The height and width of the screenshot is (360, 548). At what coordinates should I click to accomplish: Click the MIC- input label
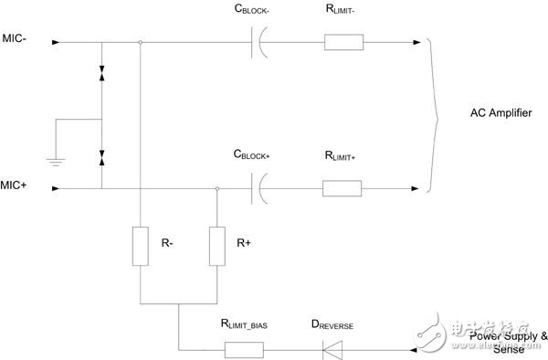(x=15, y=38)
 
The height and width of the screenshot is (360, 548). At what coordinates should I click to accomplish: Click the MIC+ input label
(x=14, y=185)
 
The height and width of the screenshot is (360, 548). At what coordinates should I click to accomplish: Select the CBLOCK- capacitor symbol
(x=259, y=42)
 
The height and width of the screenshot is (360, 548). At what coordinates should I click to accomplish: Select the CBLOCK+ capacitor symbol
(x=259, y=188)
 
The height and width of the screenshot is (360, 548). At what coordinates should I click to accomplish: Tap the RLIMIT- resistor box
(x=344, y=42)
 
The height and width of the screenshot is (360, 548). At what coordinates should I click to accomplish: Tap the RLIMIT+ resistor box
(x=342, y=188)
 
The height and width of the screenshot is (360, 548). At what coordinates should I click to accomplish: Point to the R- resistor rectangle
(x=140, y=246)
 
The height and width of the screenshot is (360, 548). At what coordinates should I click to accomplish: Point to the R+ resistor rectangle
(x=217, y=246)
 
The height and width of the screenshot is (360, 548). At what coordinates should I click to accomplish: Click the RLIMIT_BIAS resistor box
(x=244, y=350)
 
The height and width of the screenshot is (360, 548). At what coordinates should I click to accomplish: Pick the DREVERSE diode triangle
(x=332, y=350)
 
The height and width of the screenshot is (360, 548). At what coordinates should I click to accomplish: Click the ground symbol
(x=56, y=162)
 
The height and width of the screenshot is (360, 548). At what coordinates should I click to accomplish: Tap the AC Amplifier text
(x=501, y=113)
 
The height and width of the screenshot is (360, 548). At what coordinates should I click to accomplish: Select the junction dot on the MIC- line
(x=140, y=42)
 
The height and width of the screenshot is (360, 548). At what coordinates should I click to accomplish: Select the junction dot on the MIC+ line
(x=217, y=188)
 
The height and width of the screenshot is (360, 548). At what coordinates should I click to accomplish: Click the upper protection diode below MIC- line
(x=101, y=73)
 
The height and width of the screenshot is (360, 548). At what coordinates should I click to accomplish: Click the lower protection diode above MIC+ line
(x=101, y=158)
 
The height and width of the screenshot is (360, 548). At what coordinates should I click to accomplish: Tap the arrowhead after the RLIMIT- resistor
(x=416, y=42)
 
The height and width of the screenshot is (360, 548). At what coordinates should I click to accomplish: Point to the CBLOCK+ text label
(x=252, y=154)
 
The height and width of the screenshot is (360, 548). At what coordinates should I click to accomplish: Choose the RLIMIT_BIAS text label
(x=244, y=324)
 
